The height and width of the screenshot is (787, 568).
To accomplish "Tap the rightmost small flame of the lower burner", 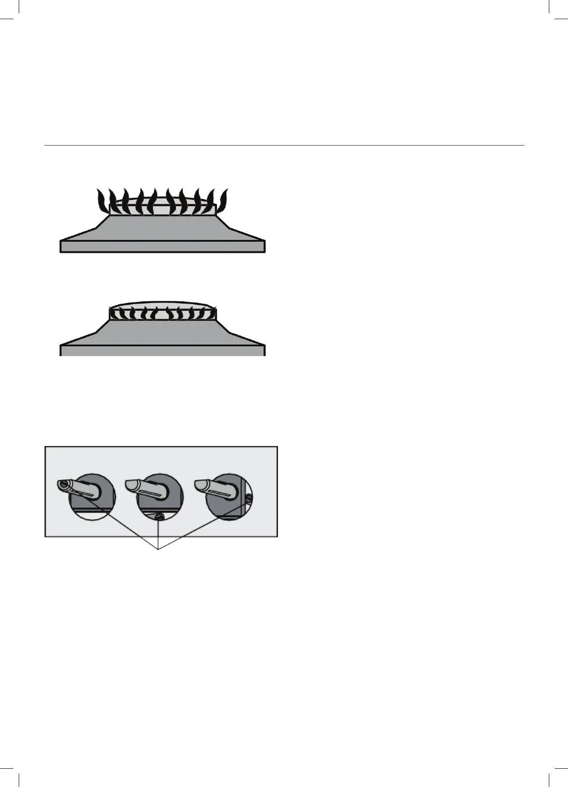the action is [x=211, y=314].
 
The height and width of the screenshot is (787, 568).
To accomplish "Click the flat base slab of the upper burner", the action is [x=163, y=247].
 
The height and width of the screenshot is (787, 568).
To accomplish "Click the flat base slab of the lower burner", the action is [x=163, y=350].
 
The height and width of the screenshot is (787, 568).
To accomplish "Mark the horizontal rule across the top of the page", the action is [x=284, y=145].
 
